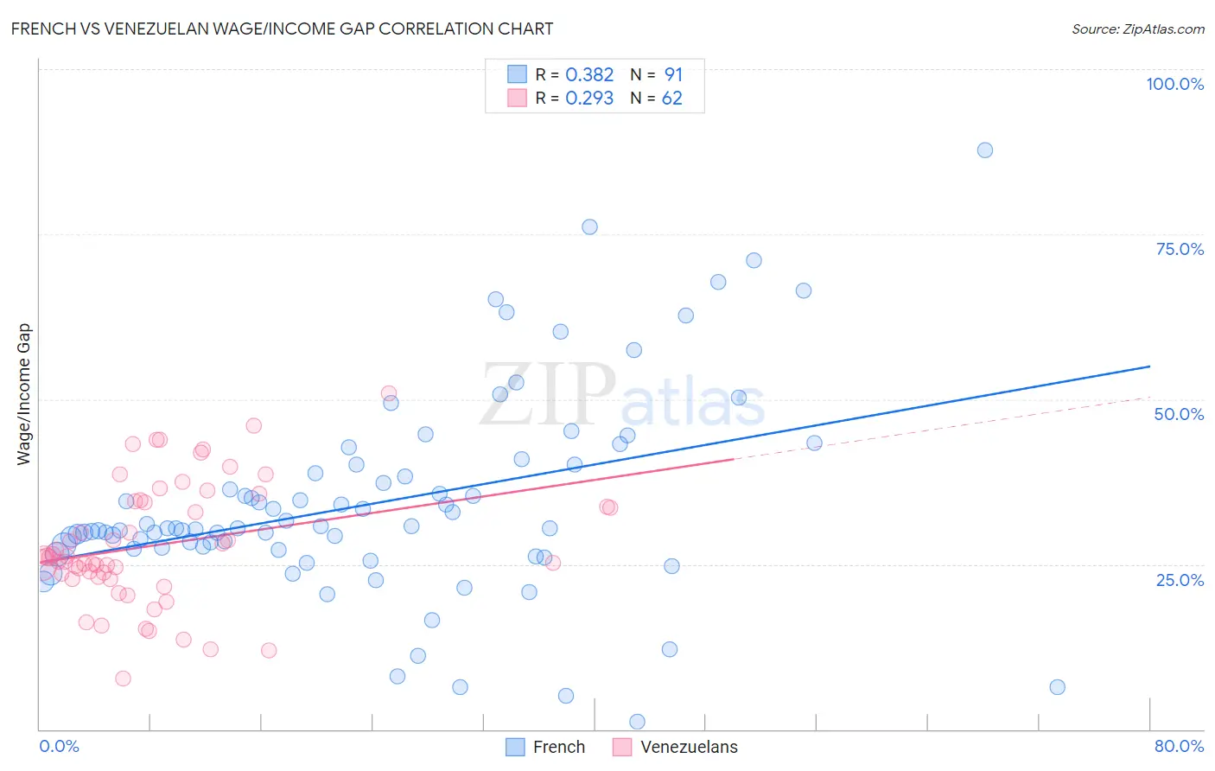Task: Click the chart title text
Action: pyautogui.click(x=282, y=29)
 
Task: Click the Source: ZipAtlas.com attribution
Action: pyautogui.click(x=1137, y=29)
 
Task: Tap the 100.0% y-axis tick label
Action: pyautogui.click(x=1174, y=84)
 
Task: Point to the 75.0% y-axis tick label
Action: pyautogui.click(x=1180, y=249)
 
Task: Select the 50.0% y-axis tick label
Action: pyautogui.click(x=1179, y=414)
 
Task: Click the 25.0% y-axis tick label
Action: pyautogui.click(x=1180, y=579)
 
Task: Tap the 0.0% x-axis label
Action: pyautogui.click(x=59, y=746)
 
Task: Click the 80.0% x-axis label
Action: pyautogui.click(x=1179, y=746)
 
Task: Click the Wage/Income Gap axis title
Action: pyautogui.click(x=23, y=394)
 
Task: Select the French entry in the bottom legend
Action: pyautogui.click(x=558, y=747)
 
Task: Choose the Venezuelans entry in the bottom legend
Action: pyautogui.click(x=689, y=747)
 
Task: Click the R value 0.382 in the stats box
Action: pyautogui.click(x=589, y=75)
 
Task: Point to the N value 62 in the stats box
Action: pyautogui.click(x=671, y=99)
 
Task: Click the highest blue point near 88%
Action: pyautogui.click(x=984, y=150)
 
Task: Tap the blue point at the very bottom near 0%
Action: pyautogui.click(x=637, y=722)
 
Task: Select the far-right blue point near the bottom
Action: pyautogui.click(x=1057, y=687)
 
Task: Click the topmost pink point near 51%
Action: pyautogui.click(x=389, y=393)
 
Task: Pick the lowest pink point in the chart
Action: pyautogui.click(x=123, y=679)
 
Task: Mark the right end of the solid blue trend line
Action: pyautogui.click(x=1149, y=366)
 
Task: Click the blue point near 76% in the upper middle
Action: pyautogui.click(x=589, y=227)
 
